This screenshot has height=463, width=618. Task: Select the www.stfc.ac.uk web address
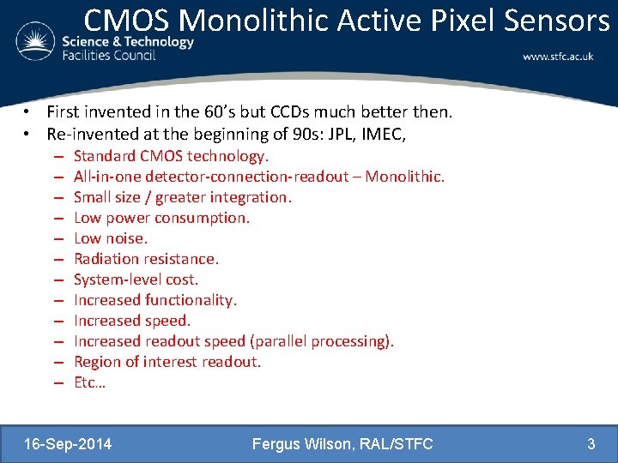pos(558,57)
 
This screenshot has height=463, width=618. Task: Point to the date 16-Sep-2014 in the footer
pos(69,443)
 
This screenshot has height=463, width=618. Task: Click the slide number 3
pos(591,443)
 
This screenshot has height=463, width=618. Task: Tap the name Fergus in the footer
pos(278,443)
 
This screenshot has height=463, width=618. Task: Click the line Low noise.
pos(110,238)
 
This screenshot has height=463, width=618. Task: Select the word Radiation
pos(106,259)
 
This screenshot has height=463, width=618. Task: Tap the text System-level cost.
pos(136,280)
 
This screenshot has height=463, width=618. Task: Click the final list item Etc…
pos(89,382)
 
